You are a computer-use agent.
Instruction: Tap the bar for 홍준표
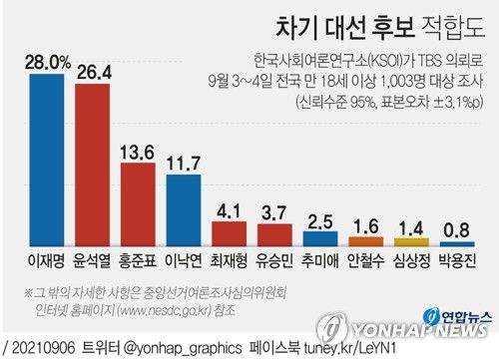139,204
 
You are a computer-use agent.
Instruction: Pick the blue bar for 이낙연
185,210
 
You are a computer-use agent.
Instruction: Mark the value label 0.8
459,229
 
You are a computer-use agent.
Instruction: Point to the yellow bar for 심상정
413,241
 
